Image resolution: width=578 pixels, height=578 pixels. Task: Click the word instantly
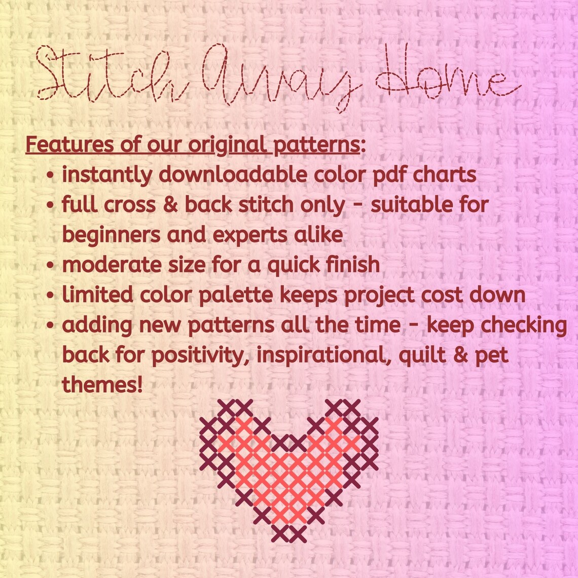(107, 175)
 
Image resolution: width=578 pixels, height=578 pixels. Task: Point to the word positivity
(201, 355)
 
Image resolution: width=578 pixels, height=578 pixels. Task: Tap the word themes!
(102, 385)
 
